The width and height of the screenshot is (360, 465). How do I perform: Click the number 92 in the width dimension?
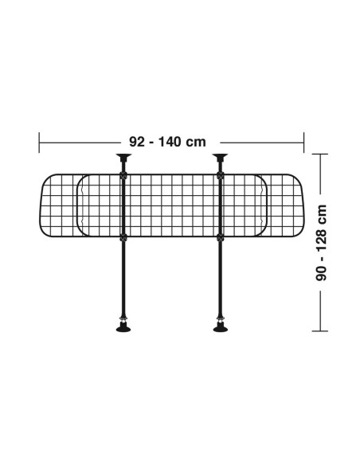click(x=137, y=142)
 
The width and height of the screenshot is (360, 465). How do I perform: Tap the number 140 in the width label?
click(x=170, y=142)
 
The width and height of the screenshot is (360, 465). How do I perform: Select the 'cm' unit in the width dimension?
click(x=196, y=143)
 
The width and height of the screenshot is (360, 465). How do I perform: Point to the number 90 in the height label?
click(x=321, y=273)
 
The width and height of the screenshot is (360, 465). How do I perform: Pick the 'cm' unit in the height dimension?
click(x=322, y=214)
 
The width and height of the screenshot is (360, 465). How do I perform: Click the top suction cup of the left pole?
click(x=123, y=156)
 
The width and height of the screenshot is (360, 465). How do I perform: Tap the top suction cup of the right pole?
click(x=221, y=156)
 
